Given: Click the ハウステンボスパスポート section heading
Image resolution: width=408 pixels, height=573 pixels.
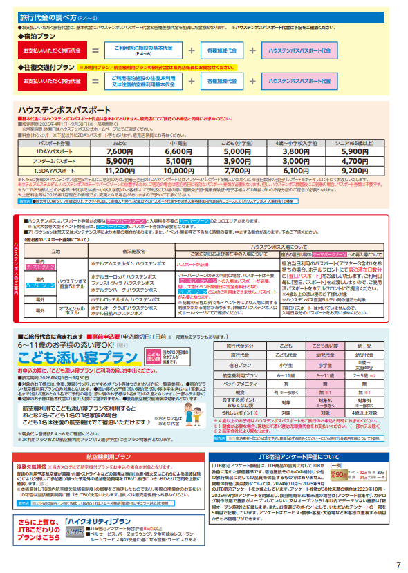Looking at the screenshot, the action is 64,111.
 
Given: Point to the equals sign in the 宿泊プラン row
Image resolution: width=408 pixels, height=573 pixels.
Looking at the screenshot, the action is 95,50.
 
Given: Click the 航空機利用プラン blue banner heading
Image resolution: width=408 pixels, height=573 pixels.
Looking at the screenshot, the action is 100,457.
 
